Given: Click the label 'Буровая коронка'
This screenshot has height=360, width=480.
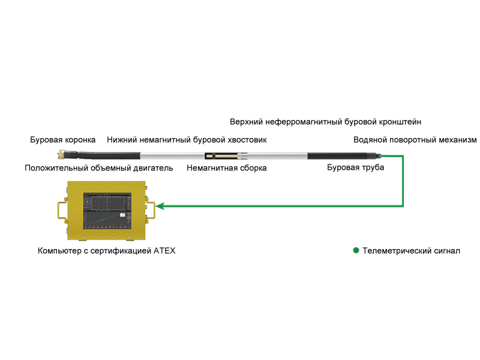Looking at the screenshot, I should coord(62,140).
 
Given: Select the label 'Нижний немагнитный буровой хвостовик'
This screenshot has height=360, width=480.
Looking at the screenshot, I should coord(187,140).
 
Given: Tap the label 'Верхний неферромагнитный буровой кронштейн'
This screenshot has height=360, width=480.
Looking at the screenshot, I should coord(325,122).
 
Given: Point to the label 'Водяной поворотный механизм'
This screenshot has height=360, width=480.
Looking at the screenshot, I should coord(415,140).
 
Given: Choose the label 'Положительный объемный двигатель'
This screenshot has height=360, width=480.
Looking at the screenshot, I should coord(98,168).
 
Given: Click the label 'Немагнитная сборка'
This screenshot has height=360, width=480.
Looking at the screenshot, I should coord(226,168).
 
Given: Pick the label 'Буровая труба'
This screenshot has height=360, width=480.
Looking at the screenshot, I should coord(355,167).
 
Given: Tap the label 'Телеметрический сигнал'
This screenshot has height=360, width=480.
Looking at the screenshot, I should coord(411,251).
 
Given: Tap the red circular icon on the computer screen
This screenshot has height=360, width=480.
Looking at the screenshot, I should coord(88,202).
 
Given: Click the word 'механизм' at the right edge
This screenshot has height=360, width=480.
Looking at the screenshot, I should coord(458,140).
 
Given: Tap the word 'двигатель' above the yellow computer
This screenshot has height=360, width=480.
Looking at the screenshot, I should coord(155,168).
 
